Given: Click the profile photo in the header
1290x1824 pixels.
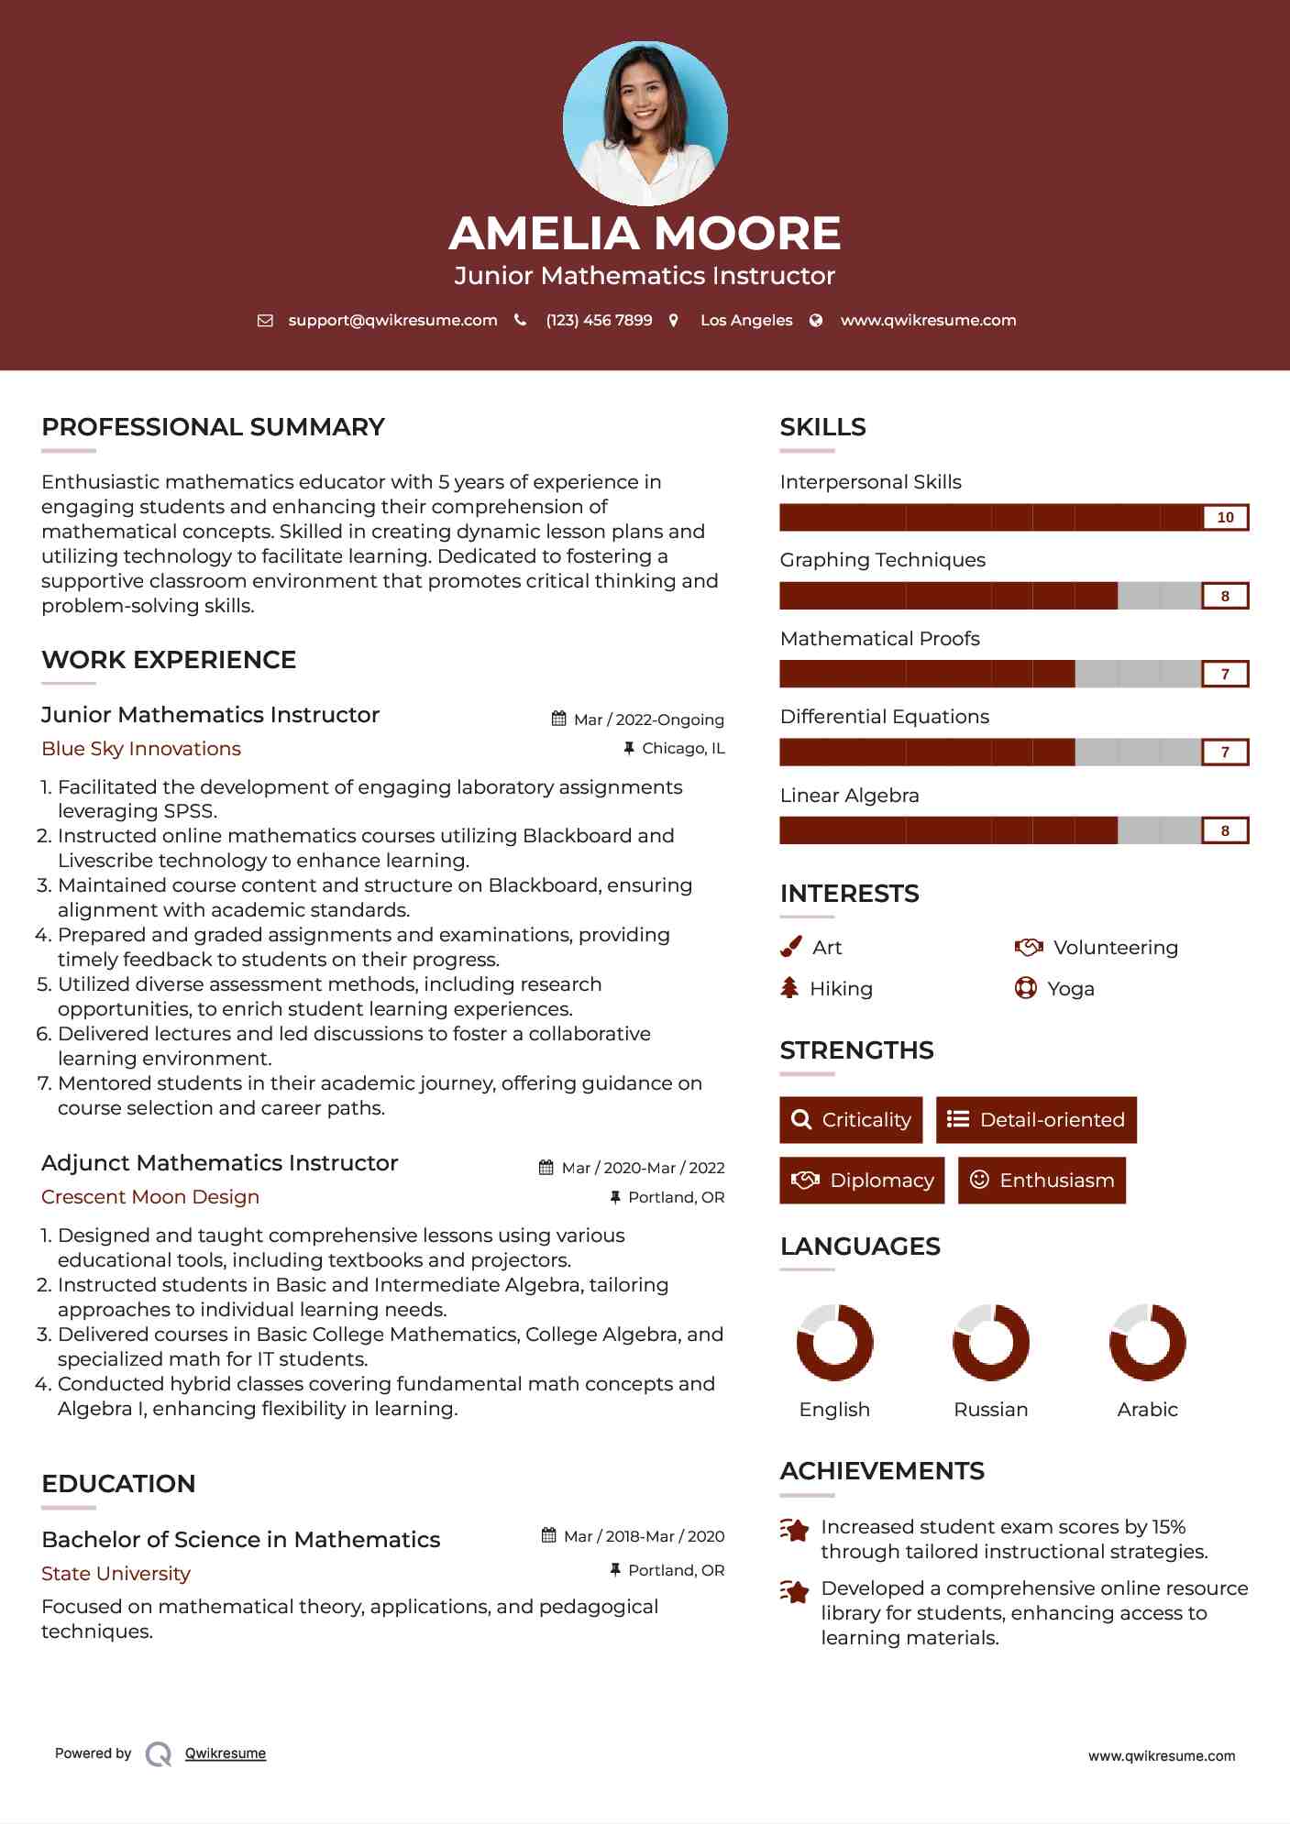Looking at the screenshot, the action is [645, 123].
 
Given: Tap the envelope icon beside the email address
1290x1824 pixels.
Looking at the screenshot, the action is [265, 321].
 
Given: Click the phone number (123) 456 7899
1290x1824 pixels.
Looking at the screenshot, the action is [599, 321].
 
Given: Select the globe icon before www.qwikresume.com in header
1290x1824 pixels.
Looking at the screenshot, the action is [816, 321].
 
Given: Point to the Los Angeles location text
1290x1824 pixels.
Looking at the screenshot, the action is [746, 321].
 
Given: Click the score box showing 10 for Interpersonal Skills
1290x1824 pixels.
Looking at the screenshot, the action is [1225, 518].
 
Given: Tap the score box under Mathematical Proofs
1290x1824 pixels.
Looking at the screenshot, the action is [1225, 675].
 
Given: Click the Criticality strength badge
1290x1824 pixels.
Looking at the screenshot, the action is [851, 1120].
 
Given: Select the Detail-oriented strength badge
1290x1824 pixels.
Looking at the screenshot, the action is [1036, 1120].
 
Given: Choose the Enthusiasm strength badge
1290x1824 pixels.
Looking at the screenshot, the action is [1042, 1181].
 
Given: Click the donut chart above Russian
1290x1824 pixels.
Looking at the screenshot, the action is [991, 1343].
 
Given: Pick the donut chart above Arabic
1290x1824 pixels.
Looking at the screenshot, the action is [1147, 1343].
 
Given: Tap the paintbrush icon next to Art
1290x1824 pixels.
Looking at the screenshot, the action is [790, 947].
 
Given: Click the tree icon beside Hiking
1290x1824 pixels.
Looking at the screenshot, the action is [789, 988].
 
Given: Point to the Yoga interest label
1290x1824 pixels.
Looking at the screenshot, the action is [1071, 989].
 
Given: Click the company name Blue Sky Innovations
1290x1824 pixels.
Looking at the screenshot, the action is [141, 749].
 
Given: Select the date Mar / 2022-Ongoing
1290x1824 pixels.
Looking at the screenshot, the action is [648, 720].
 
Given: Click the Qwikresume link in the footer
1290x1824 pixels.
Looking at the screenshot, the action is [226, 1753].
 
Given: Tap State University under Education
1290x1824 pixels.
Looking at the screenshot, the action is [116, 1574].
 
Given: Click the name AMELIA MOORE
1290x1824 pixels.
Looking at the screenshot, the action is [645, 233].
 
